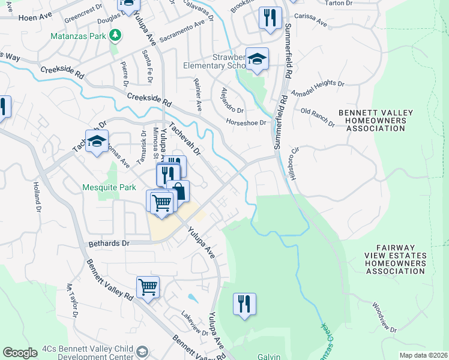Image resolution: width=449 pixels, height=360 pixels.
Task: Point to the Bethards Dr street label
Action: [109, 244]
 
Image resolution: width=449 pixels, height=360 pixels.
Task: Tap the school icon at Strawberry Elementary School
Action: [258, 59]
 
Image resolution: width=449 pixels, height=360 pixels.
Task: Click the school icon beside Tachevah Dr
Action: [97, 142]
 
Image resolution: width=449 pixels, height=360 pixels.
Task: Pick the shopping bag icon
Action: [178, 192]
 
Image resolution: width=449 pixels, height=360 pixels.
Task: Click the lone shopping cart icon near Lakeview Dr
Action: [148, 286]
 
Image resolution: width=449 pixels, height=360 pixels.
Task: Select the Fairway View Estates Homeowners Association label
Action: [396, 259]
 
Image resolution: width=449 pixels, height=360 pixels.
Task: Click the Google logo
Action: [20, 352]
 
